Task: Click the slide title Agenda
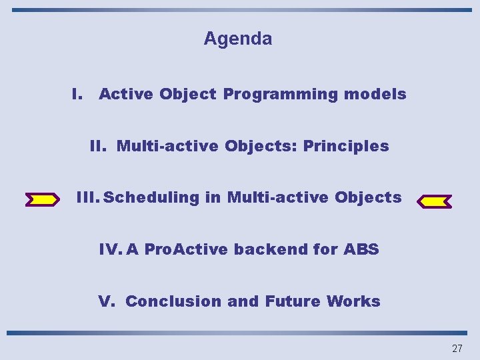coord(238,39)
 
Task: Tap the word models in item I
coord(375,95)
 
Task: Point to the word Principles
coord(346,146)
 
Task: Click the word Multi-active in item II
coord(167,146)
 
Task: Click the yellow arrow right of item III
coord(434,201)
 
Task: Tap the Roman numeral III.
coord(89,198)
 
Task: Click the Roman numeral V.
coord(106,301)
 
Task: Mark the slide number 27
coord(457,348)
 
